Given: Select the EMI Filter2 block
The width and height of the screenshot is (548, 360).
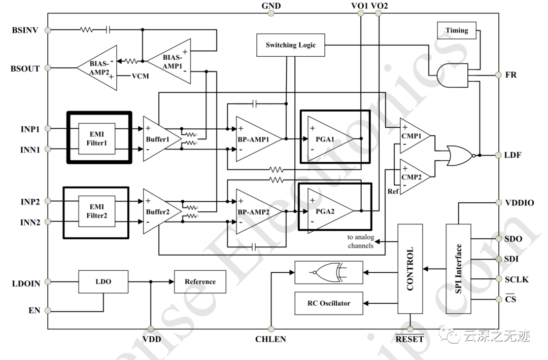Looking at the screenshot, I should click(x=96, y=212).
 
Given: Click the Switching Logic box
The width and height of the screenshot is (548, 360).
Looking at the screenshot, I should click(x=290, y=45).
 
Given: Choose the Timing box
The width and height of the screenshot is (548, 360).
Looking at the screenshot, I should click(x=457, y=30).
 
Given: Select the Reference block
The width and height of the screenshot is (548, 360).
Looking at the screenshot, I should click(x=200, y=282).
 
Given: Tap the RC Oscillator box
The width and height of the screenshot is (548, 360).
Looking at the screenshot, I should click(x=329, y=303).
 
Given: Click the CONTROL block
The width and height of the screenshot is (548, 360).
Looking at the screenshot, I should click(x=410, y=269).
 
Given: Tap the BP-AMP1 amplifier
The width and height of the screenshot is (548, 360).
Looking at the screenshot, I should click(x=256, y=138).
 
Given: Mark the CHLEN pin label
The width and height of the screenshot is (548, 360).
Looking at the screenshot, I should click(x=270, y=339).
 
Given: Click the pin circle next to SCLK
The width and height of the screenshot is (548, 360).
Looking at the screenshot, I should click(x=499, y=279).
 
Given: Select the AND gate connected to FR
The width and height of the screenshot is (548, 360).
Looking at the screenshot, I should click(x=452, y=75).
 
